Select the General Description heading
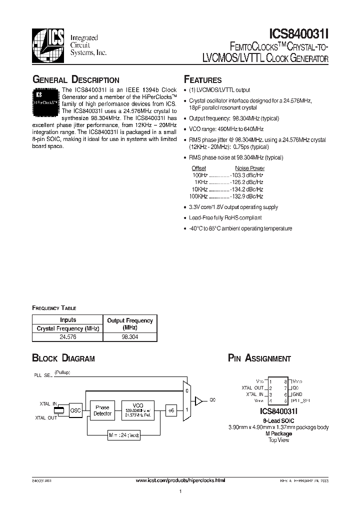pyautogui.click(x=76, y=80)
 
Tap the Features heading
pyautogui.click(x=203, y=80)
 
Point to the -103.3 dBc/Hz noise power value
pyautogui.click(x=246, y=175)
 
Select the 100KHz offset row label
pyautogui.click(x=199, y=196)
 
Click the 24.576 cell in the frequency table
pyautogui.click(x=67, y=337)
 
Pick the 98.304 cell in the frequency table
pyautogui.click(x=129, y=337)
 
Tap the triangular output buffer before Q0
pyautogui.click(x=198, y=400)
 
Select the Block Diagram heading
pyautogui.click(x=63, y=358)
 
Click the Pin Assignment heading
pyautogui.click(x=259, y=358)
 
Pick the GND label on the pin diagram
pyautogui.click(x=297, y=394)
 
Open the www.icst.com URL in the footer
pyautogui.click(x=180, y=480)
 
